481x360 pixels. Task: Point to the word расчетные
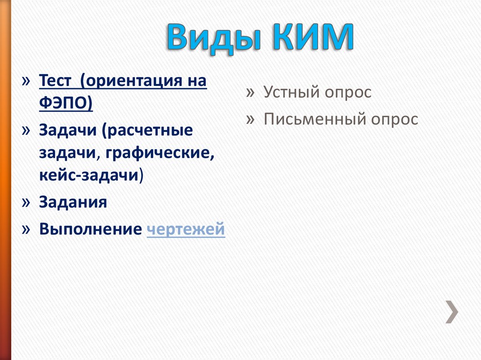coord(150,130)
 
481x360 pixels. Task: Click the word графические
coord(160,153)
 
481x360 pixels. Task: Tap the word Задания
coord(73,202)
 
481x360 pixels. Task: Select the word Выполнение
coord(90,230)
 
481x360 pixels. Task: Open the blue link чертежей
coord(186,230)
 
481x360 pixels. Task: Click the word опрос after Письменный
coord(395,119)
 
